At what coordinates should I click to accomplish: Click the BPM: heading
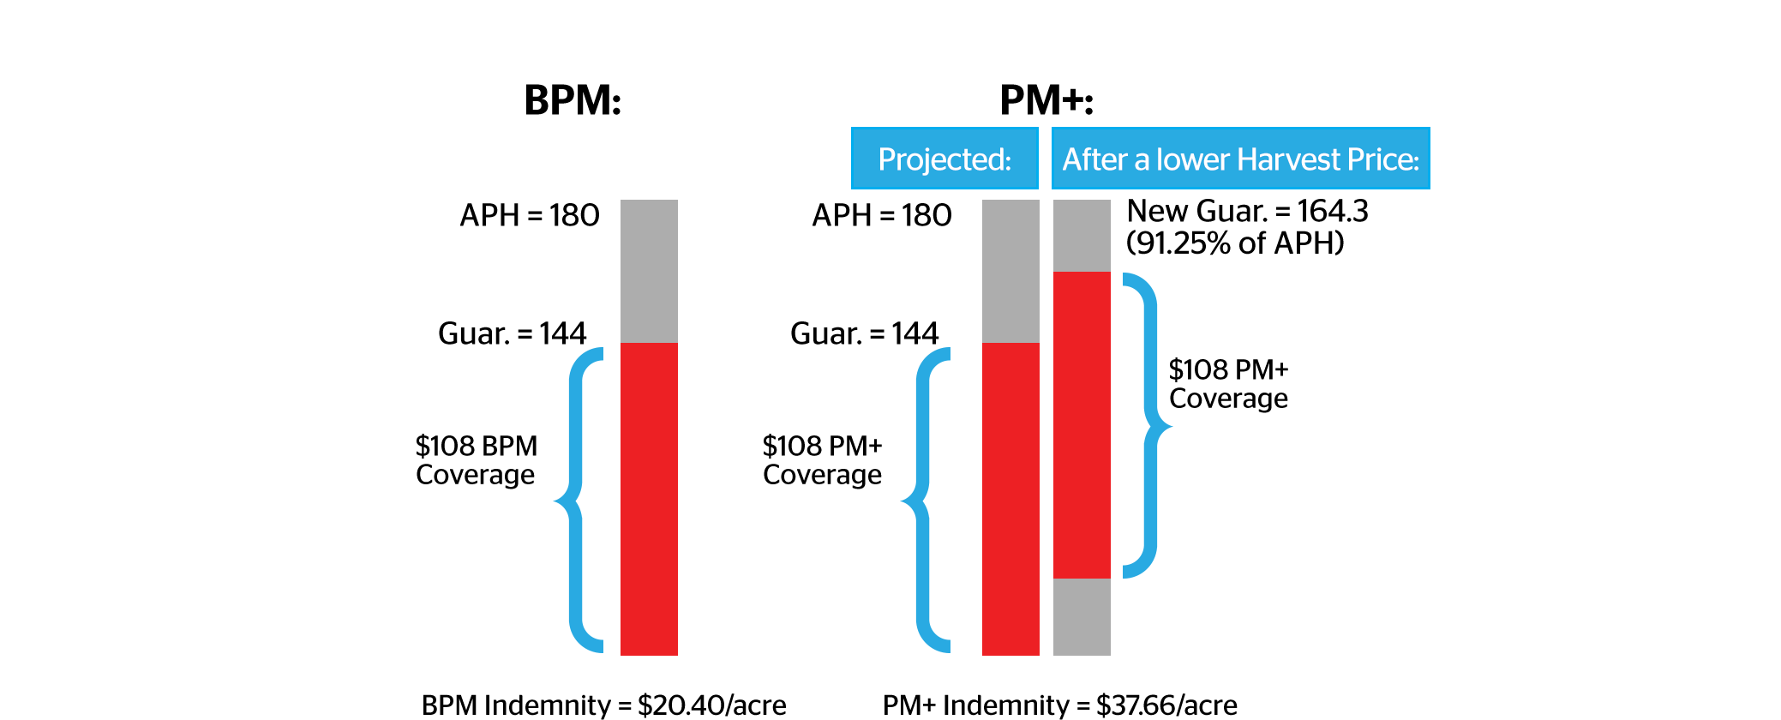pos(573,100)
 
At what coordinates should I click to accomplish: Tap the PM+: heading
pos(1046,100)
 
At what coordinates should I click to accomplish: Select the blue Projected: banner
pos(944,159)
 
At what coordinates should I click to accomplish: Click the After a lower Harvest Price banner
pos(1240,159)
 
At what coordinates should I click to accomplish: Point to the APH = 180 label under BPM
pos(529,215)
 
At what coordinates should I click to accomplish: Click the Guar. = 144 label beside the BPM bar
pos(512,333)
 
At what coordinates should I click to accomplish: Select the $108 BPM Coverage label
pos(476,460)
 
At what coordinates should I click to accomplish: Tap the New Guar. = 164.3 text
pos(1247,211)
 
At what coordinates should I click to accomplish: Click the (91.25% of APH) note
pos(1234,243)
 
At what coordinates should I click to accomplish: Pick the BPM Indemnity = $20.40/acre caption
pos(603,705)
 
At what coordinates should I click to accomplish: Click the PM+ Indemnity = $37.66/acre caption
pos(1059,705)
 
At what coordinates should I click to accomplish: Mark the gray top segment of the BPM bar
pos(649,270)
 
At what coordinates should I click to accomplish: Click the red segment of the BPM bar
pos(649,497)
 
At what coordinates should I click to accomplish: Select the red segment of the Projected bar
pos(1010,497)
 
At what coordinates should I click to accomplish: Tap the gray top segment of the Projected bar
pos(1010,270)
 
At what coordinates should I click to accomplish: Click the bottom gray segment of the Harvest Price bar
pos(1082,616)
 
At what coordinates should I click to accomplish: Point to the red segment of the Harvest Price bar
pos(1082,424)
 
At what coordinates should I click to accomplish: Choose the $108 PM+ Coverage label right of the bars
pos(1228,384)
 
